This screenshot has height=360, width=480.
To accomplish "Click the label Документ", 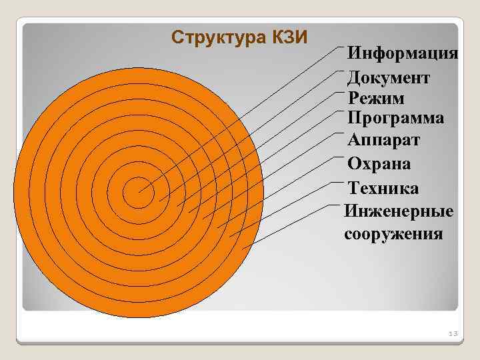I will click(389, 77).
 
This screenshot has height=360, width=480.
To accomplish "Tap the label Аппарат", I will click(384, 141).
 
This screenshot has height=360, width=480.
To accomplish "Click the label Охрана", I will click(379, 164).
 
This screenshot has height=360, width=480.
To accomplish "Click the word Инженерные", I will click(399, 211).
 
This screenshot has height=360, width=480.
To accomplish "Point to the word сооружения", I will click(393, 234).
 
